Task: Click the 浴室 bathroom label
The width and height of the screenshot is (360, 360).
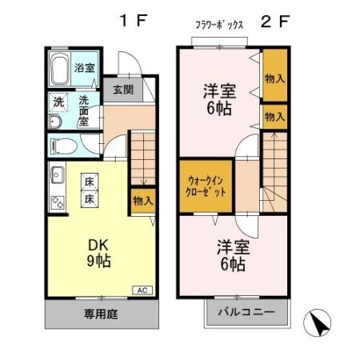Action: pos(83,68)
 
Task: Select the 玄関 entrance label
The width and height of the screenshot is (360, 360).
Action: pos(122,90)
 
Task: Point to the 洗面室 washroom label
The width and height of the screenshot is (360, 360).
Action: pos(84,111)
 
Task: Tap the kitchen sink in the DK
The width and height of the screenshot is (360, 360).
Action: pos(57,173)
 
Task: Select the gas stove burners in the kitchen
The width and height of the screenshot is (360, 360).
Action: pos(57,200)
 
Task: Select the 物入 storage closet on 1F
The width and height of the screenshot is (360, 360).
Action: pos(142,200)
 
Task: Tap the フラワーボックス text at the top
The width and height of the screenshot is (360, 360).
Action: pos(219,25)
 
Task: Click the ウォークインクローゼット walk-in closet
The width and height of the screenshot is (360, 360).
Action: pos(207,187)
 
